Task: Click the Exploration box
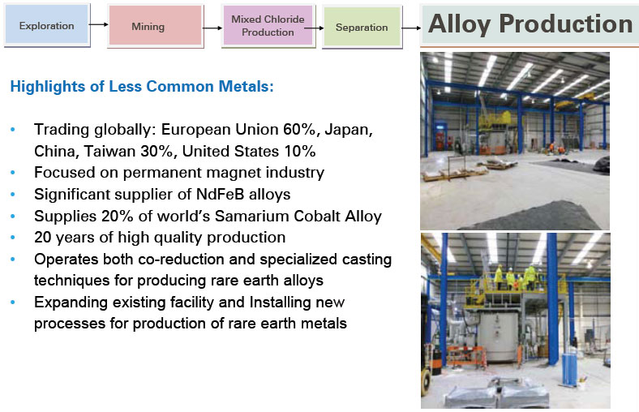47,25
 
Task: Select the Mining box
155,26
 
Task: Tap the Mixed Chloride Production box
268,26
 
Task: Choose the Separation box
362,28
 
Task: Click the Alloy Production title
530,24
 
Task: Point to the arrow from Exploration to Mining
99,24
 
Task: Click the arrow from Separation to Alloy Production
412,28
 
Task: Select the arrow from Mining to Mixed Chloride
212,28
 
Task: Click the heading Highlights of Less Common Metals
142,87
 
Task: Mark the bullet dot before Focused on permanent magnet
13,173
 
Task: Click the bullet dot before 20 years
13,238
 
